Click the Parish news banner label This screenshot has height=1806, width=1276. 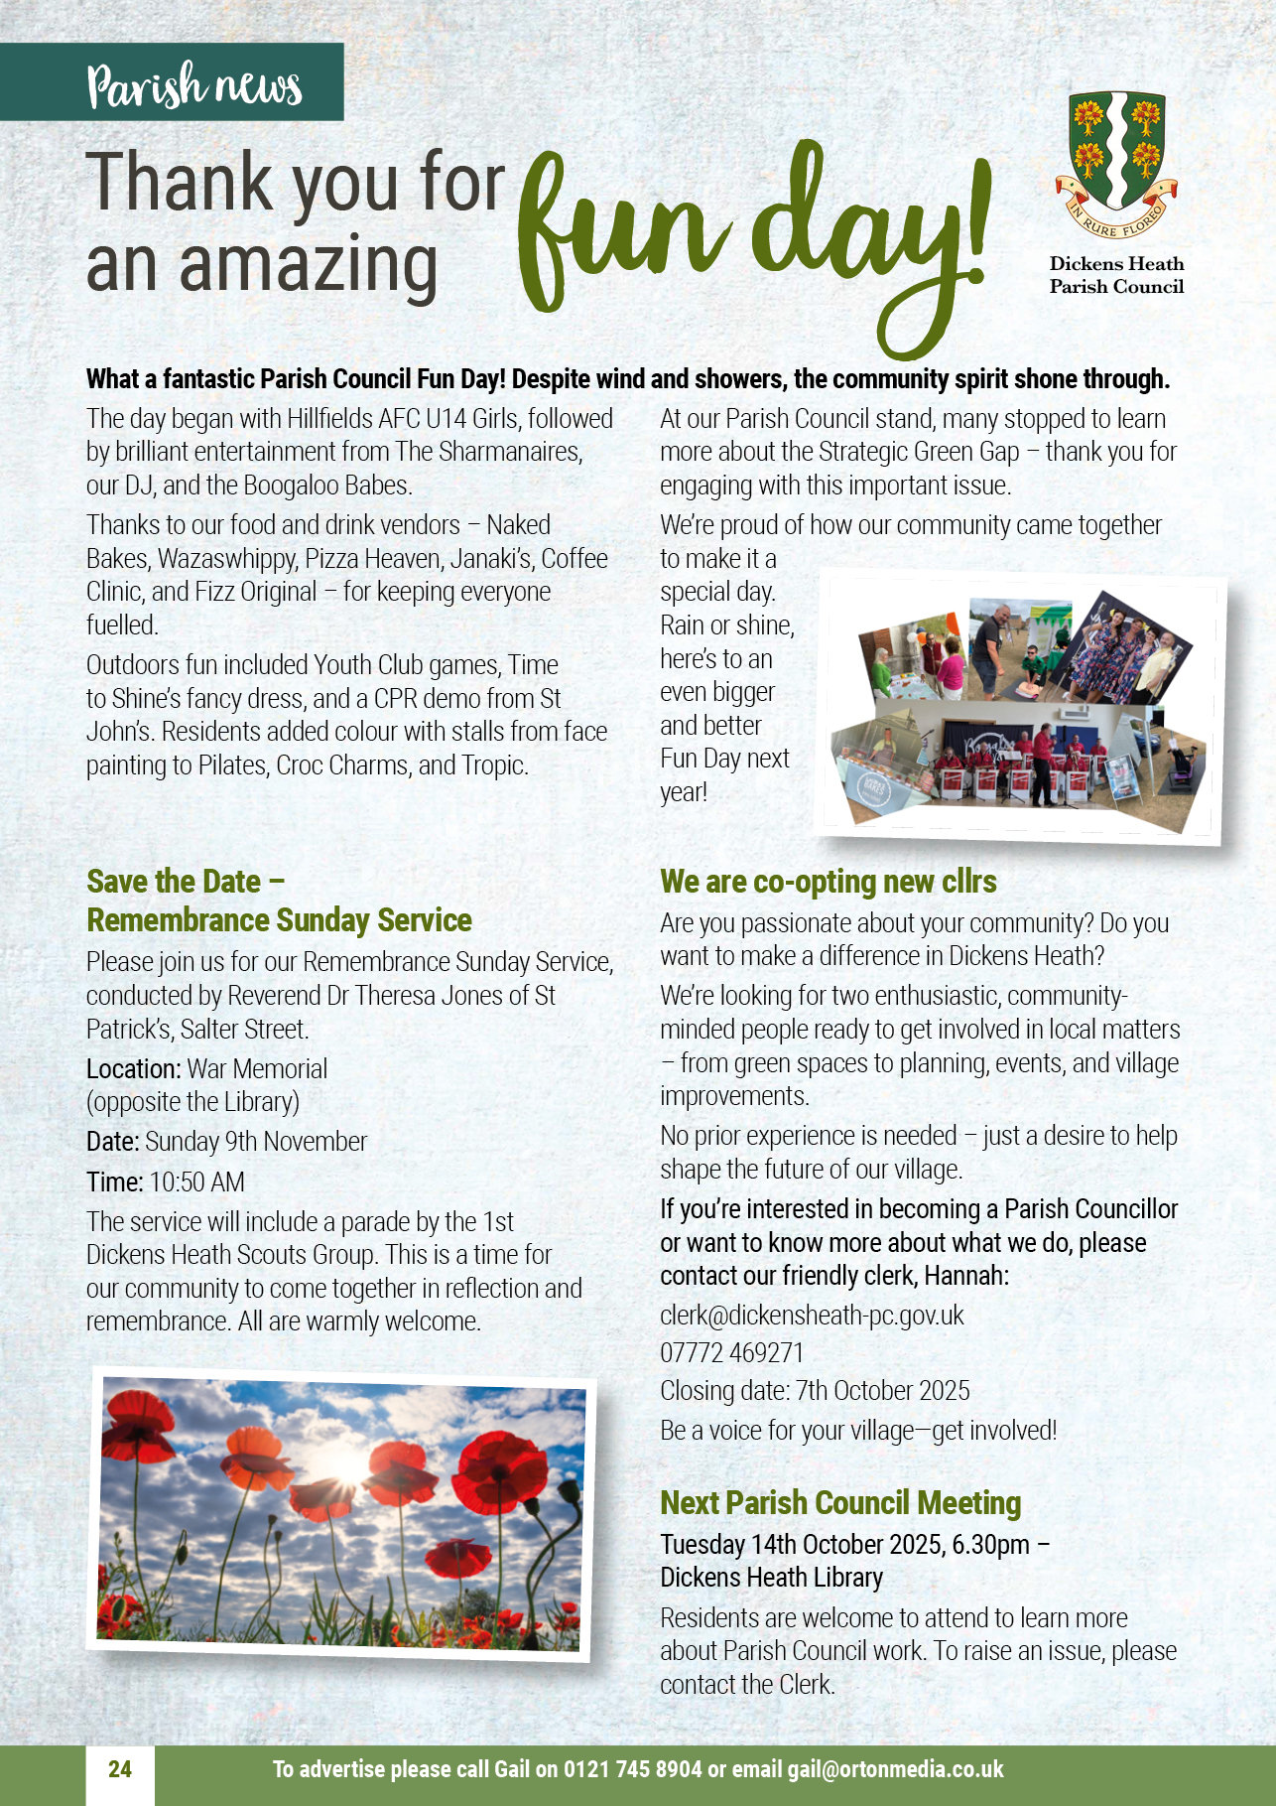193,86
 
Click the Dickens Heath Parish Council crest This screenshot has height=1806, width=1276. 1116,164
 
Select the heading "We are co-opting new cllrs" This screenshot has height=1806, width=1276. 829,882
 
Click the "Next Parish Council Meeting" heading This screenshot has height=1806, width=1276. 840,1503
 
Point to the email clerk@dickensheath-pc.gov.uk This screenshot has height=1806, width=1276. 812,1316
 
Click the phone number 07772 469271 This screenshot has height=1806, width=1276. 731,1353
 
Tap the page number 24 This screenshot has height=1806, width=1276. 120,1769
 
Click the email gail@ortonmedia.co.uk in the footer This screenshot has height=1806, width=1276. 895,1769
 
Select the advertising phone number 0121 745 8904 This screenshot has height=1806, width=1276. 632,1769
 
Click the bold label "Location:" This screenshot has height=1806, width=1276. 133,1069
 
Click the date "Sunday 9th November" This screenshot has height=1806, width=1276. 256,1142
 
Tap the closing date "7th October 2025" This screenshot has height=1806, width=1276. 883,1391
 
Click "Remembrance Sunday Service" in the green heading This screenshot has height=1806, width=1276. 279,920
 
